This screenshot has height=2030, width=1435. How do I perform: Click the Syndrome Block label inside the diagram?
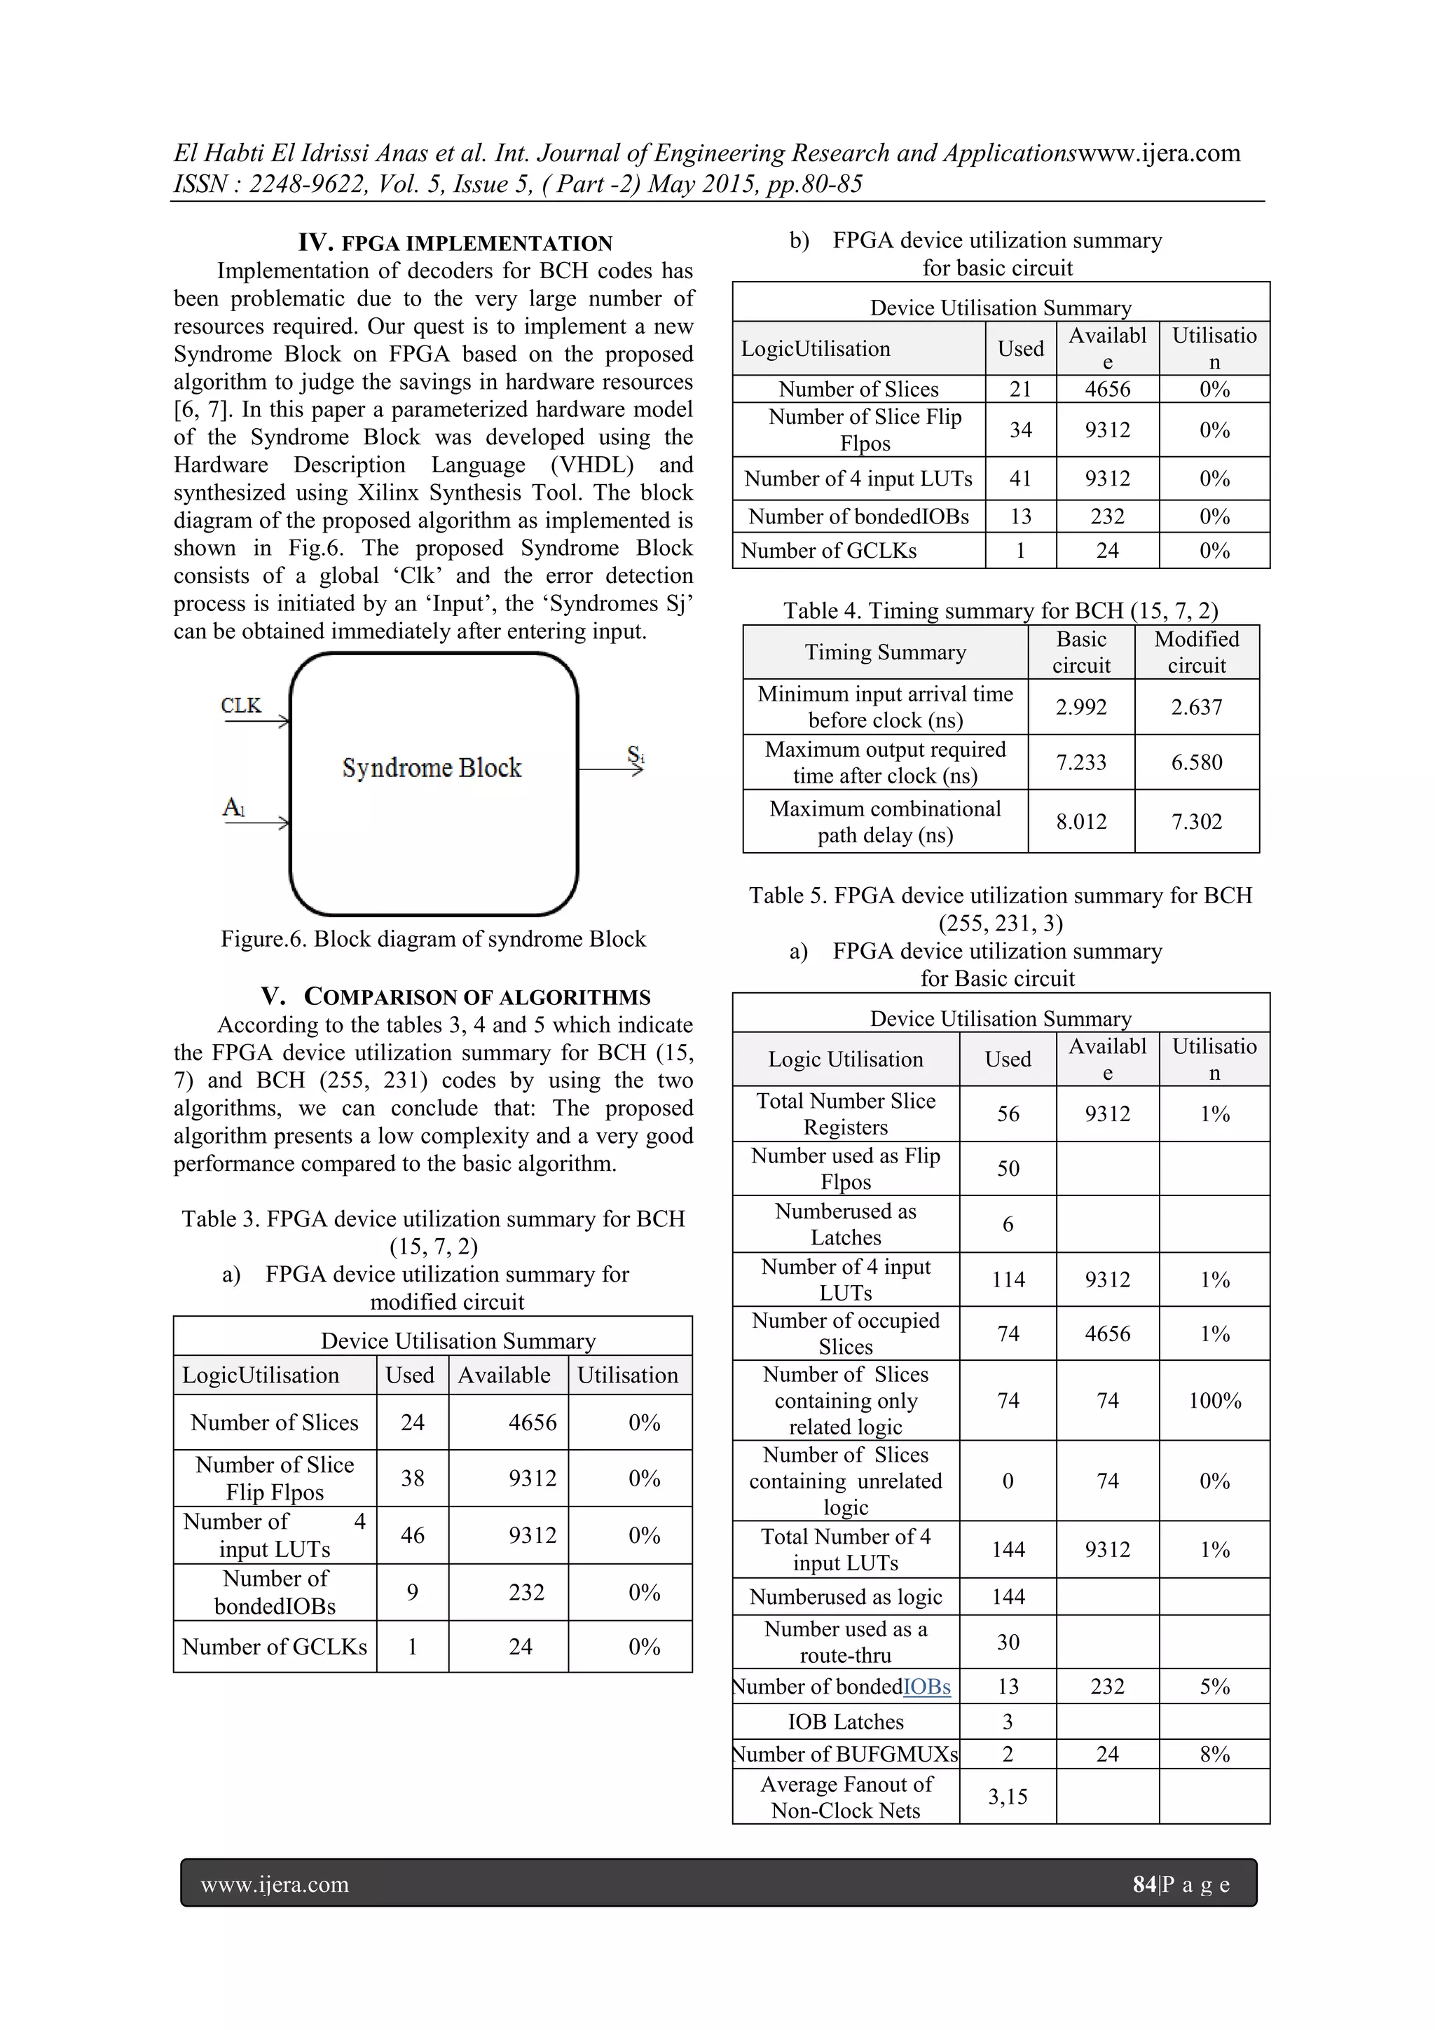pyautogui.click(x=432, y=767)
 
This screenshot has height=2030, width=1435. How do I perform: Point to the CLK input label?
pyautogui.click(x=240, y=706)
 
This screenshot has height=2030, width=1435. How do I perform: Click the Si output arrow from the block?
pyautogui.click(x=610, y=769)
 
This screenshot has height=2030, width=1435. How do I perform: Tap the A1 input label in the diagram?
pyautogui.click(x=233, y=807)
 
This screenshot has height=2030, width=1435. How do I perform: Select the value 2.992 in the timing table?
pyautogui.click(x=1080, y=707)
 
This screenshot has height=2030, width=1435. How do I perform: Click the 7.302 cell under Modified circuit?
pyautogui.click(x=1196, y=821)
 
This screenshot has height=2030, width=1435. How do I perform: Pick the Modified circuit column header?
pyautogui.click(x=1196, y=652)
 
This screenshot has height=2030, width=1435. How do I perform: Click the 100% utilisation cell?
pyautogui.click(x=1214, y=1401)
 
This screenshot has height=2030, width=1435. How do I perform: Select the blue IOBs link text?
pyautogui.click(x=926, y=1686)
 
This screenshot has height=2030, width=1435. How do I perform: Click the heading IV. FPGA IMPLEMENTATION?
pyautogui.click(x=455, y=243)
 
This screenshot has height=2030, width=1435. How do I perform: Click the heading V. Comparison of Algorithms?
pyautogui.click(x=455, y=996)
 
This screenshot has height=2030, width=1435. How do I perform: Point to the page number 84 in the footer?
pyautogui.click(x=1144, y=1884)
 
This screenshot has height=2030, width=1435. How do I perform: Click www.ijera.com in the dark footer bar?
pyautogui.click(x=275, y=1884)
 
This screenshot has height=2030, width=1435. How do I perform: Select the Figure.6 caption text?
pyautogui.click(x=433, y=939)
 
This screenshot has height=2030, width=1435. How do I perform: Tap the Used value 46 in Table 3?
pyautogui.click(x=412, y=1535)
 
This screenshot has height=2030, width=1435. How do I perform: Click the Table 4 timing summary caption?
pyautogui.click(x=1000, y=610)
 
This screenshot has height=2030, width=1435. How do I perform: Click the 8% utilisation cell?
pyautogui.click(x=1214, y=1753)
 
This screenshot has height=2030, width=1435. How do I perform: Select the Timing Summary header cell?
pyautogui.click(x=885, y=652)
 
